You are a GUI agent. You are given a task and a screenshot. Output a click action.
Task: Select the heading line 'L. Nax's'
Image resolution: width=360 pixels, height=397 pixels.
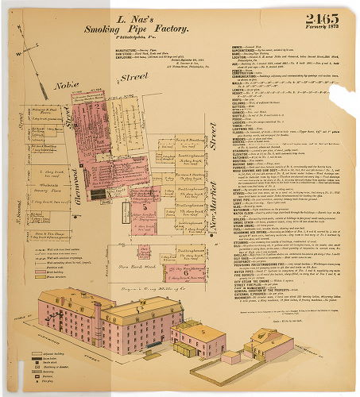click(x=135, y=17)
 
